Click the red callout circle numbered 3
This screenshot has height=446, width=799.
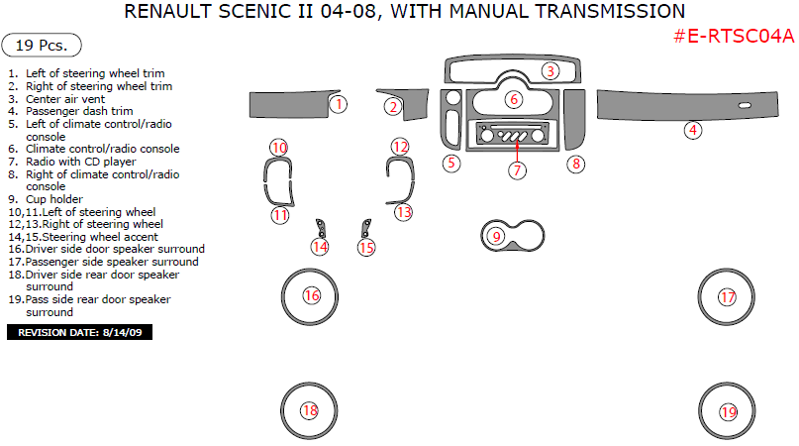pos(550,70)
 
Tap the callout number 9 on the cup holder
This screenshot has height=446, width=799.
pos(497,236)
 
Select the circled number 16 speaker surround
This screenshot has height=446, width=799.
pos(312,295)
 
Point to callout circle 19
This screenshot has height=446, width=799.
pos(729,411)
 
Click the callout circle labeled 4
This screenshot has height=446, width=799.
pos(694,130)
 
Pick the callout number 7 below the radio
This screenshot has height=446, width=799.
pos(518,169)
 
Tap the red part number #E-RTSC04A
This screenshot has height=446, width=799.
pos(734,37)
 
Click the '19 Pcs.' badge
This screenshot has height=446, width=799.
pos(42,46)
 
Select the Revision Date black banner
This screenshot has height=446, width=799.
pos(80,332)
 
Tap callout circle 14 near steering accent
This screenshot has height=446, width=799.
pos(320,246)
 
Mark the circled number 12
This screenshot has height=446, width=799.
pos(399,147)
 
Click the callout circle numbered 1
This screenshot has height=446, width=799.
pos(339,103)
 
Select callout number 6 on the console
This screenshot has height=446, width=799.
pos(513,99)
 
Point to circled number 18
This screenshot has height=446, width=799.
pos(310,411)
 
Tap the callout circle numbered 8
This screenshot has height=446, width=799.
pos(575,164)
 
